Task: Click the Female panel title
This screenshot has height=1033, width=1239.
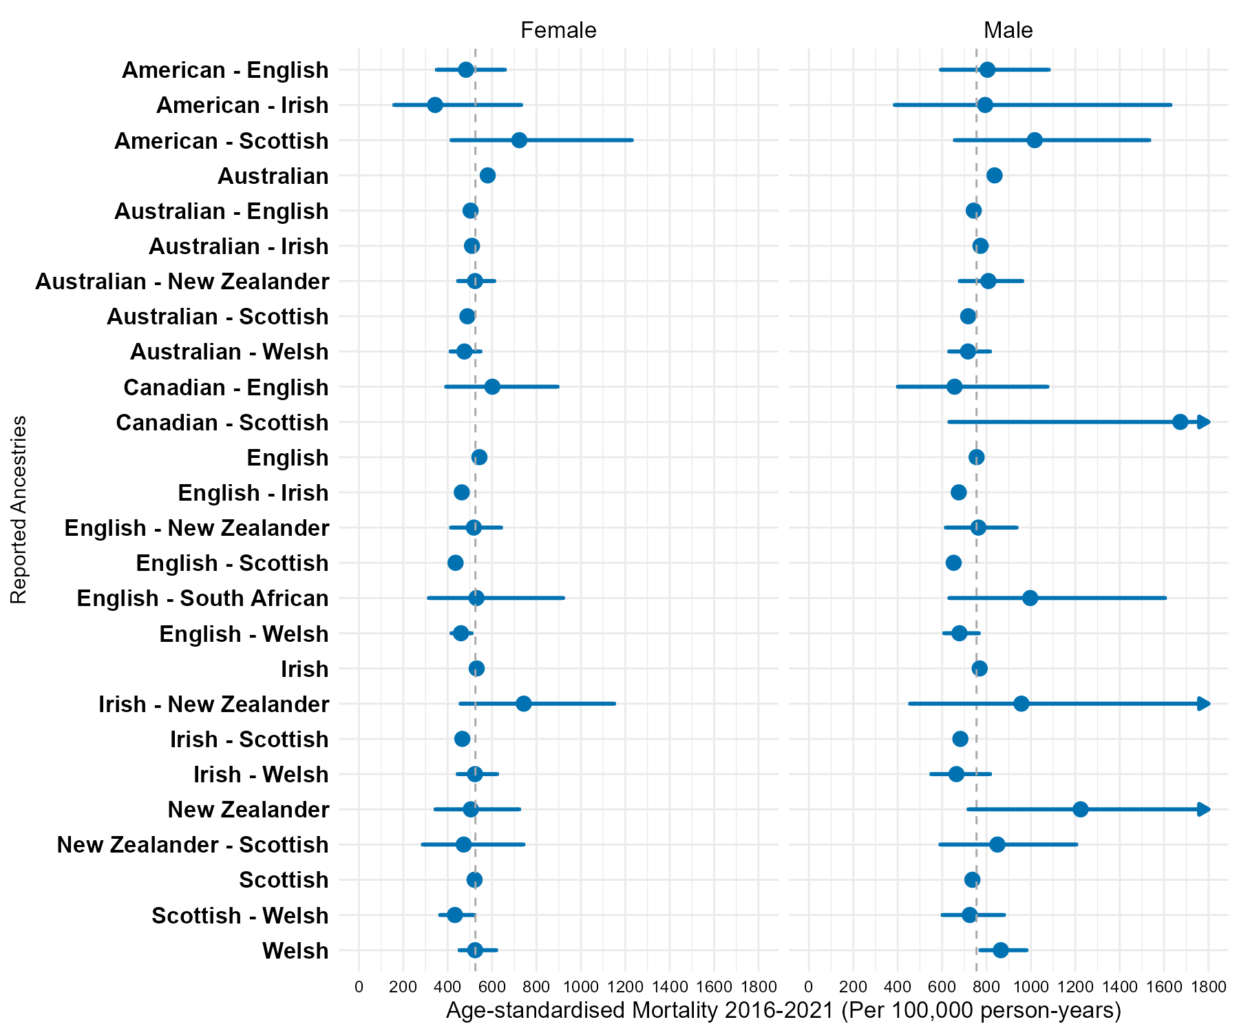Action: point(558,30)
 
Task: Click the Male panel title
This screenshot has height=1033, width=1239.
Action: point(1008,30)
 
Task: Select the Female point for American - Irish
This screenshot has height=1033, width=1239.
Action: point(435,105)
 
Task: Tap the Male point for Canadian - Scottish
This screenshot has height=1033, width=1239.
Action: point(1180,422)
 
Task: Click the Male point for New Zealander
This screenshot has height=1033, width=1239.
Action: point(1081,809)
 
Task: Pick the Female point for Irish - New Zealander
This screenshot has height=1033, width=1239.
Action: point(524,703)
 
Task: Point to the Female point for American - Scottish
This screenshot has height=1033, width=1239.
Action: point(520,140)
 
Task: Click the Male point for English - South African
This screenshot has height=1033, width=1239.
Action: point(1030,598)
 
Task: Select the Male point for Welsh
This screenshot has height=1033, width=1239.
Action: point(1001,950)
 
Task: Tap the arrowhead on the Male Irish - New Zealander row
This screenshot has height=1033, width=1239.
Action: point(1204,703)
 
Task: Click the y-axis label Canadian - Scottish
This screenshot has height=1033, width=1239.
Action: point(222,423)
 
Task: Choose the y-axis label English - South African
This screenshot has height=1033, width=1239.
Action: point(203,598)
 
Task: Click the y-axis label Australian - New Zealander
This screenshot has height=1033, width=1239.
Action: point(182,282)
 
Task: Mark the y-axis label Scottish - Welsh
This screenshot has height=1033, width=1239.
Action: point(240,916)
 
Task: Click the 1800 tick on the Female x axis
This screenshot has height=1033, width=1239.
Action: point(759,987)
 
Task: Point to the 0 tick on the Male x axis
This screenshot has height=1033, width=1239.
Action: point(809,987)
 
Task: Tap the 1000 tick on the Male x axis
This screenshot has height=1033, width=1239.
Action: point(1030,987)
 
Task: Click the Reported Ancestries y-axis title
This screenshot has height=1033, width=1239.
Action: point(19,510)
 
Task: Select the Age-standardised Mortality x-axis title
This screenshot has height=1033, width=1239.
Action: point(784,1010)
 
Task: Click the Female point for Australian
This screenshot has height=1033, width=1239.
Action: point(487,176)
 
